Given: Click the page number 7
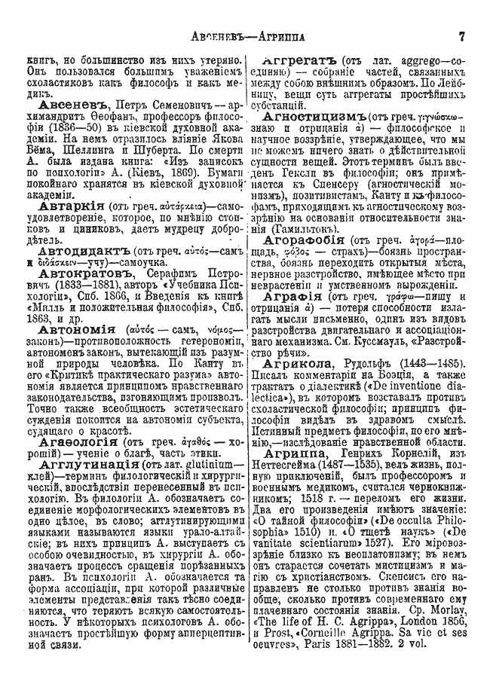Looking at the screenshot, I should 462,35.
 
